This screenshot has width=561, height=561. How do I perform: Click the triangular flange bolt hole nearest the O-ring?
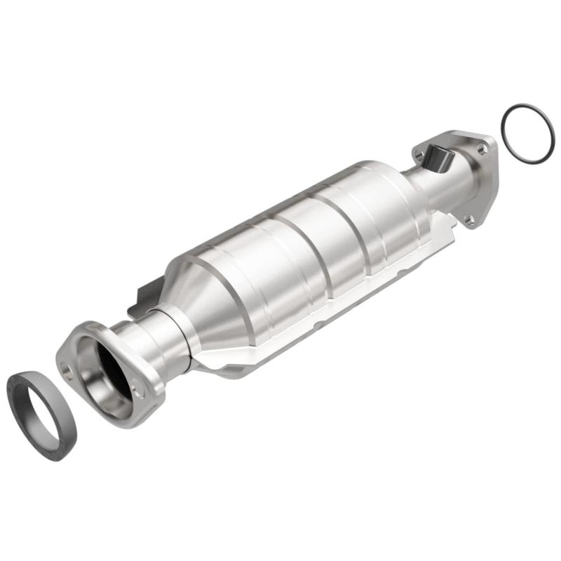click(481, 149)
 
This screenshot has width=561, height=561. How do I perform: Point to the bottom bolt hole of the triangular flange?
click(469, 220)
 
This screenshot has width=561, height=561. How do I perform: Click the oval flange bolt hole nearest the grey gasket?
click(67, 366)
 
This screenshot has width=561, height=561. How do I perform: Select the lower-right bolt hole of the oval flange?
click(138, 393)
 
